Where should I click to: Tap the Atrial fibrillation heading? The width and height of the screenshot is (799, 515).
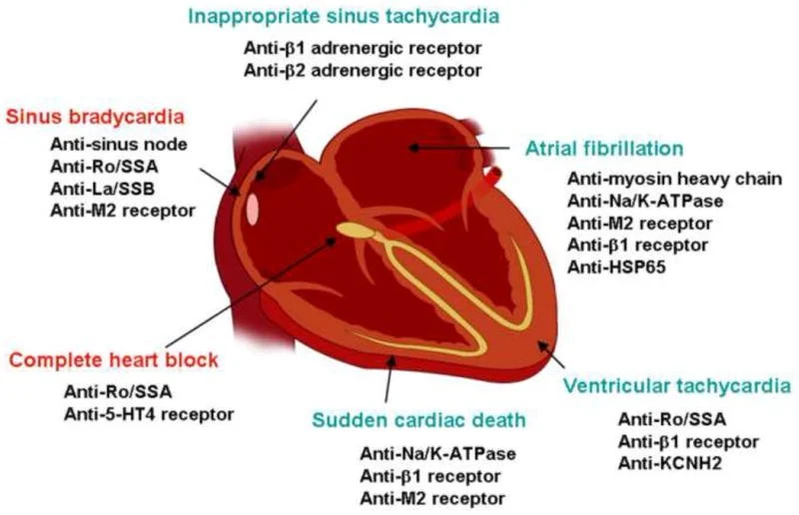(604, 149)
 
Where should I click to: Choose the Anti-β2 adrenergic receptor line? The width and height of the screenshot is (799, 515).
(363, 69)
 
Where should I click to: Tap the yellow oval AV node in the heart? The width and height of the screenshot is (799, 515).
(352, 231)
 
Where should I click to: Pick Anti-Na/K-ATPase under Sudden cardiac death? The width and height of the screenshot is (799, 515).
(437, 453)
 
